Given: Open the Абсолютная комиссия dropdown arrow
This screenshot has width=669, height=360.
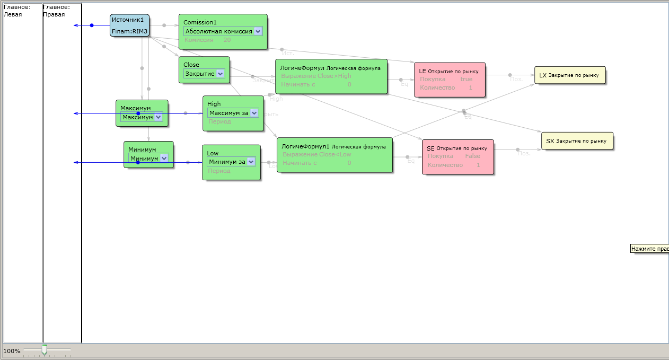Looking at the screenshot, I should [258, 31].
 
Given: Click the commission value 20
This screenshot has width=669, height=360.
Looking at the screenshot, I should [227, 40].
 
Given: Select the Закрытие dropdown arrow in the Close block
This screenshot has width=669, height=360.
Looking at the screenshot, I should [221, 74].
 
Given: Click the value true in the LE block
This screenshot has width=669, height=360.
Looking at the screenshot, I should [466, 79].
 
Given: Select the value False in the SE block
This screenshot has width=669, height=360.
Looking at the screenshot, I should [472, 156].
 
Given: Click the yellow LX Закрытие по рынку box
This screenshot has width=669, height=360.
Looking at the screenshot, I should [569, 75].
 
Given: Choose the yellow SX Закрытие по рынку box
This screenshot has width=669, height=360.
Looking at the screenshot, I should [576, 141].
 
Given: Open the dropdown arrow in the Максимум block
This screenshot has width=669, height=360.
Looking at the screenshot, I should [158, 117].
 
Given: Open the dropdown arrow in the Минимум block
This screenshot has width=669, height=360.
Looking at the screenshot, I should [164, 158].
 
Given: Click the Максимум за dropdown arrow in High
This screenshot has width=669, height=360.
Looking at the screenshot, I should [254, 113].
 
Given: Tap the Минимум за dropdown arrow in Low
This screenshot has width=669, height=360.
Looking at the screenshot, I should [251, 162].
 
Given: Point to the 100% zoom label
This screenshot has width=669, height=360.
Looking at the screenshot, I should [12, 351].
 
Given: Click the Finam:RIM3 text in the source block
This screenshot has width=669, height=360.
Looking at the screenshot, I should [129, 32].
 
